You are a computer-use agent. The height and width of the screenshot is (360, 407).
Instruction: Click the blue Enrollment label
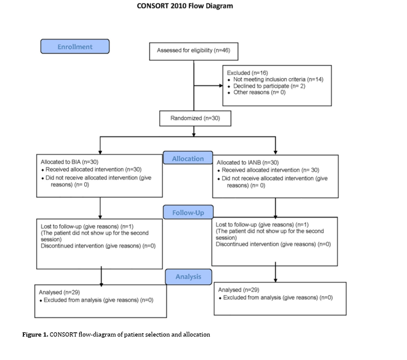[x=75, y=46]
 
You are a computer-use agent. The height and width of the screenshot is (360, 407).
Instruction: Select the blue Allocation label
[x=188, y=158]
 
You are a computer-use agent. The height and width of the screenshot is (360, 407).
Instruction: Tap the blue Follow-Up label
[x=188, y=212]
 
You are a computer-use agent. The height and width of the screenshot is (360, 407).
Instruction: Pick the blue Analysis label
[x=188, y=276]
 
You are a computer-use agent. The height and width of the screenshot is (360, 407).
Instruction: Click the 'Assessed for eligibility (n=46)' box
[x=194, y=52]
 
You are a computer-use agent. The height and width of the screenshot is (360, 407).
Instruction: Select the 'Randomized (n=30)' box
[x=195, y=118]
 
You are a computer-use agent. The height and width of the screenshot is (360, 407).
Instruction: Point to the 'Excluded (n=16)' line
[x=247, y=73]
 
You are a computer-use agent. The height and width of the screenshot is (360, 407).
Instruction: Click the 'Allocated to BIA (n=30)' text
[x=69, y=162]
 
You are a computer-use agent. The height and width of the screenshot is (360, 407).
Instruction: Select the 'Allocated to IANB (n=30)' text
[x=248, y=163]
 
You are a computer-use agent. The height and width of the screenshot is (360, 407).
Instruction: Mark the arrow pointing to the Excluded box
[x=208, y=86]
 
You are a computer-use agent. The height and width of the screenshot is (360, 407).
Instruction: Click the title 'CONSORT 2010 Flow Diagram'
[x=185, y=6]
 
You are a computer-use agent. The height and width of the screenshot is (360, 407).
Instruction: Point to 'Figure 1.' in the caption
[x=35, y=334]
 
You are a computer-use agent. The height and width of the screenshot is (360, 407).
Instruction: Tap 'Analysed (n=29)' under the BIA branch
[x=59, y=292]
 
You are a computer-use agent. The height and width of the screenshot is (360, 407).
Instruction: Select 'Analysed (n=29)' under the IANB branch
[x=239, y=290]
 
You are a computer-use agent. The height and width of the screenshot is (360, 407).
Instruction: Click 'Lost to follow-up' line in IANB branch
[x=262, y=225]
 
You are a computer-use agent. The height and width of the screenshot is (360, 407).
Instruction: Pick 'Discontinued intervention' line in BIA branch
[x=98, y=246]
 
